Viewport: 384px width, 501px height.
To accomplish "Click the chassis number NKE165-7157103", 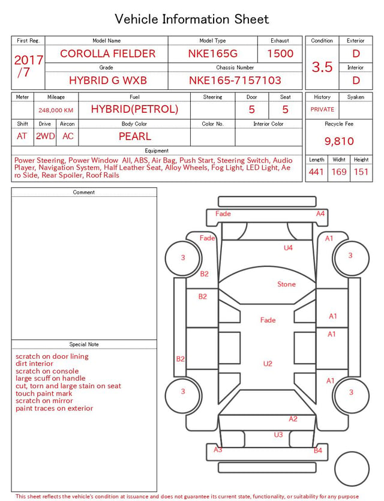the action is [235, 80].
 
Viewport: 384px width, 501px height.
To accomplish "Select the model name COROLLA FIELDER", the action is [107, 53].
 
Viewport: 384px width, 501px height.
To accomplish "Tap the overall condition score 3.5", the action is [322, 67].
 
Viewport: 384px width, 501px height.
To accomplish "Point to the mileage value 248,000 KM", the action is [56, 110].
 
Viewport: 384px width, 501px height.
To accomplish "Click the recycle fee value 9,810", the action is [339, 141].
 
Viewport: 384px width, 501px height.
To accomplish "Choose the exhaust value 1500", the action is [280, 53].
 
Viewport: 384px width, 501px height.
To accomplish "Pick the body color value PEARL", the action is [135, 136].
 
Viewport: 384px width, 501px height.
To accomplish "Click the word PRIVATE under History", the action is [322, 109].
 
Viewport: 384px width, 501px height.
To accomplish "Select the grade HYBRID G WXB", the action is [107, 80].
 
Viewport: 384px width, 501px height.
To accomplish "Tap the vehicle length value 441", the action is [316, 172].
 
